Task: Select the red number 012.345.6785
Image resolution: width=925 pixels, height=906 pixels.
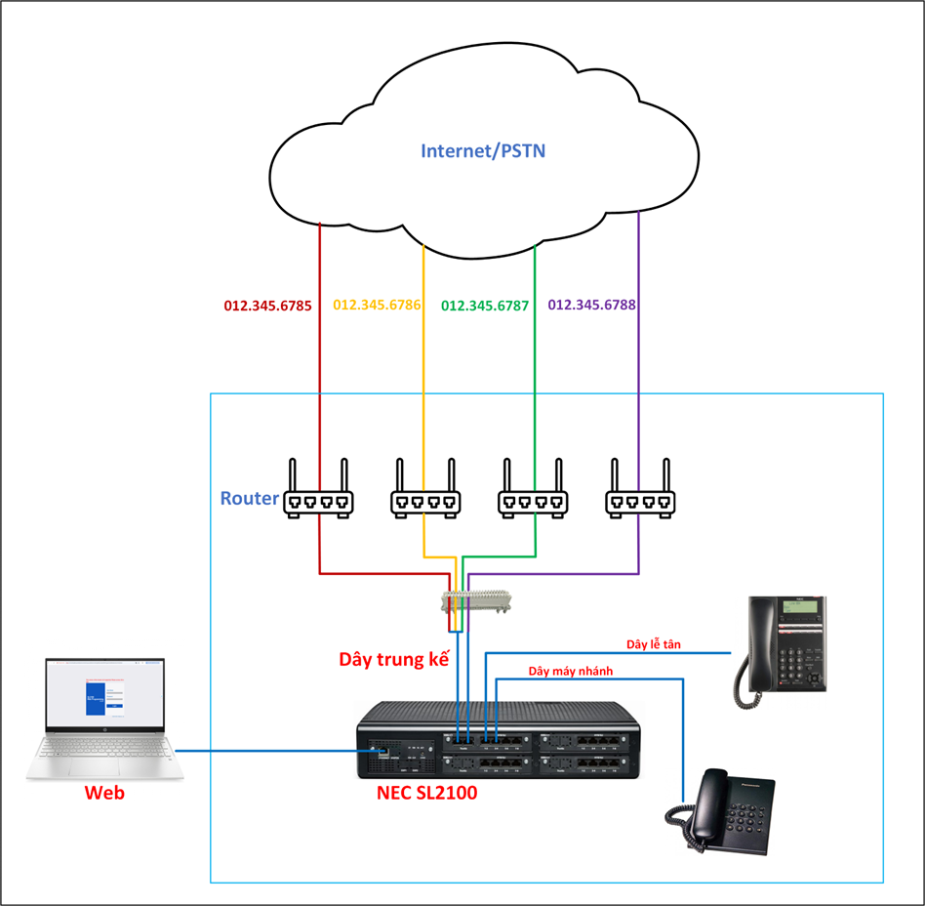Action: coord(267,306)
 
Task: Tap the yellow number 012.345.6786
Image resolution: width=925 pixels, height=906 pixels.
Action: coord(377,306)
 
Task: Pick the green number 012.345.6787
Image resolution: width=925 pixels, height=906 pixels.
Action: coord(485,306)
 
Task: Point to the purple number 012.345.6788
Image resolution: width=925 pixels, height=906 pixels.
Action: coord(591,306)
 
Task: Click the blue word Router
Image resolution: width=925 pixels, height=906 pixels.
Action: coord(250,499)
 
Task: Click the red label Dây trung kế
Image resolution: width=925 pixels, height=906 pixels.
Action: coord(393,659)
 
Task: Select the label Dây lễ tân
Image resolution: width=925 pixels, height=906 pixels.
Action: coord(653,644)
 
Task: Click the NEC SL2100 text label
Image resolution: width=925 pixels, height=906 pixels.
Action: coord(426,793)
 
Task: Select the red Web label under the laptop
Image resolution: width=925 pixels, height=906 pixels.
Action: coord(104,793)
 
